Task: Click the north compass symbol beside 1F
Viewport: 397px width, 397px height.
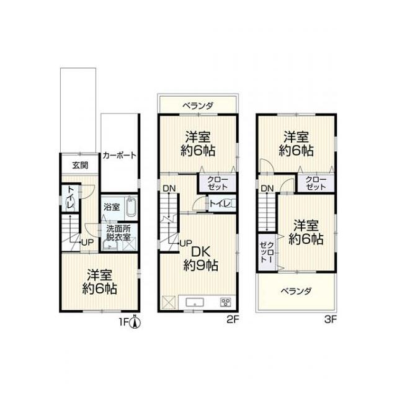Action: pos(135,322)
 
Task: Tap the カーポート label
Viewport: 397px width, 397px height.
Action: pos(120,156)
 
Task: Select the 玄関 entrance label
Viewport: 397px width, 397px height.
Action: pos(80,166)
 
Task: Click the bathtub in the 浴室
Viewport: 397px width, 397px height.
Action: pos(130,207)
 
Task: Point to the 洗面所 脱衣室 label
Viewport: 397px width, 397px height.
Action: pos(118,233)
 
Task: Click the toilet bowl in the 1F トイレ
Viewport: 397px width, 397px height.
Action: pos(69,203)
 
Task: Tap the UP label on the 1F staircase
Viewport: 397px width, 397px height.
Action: pos(87,243)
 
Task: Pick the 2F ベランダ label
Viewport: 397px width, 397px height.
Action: pos(198,105)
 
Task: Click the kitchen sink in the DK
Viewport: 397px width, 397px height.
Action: pos(194,302)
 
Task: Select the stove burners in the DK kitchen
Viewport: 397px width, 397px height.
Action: pos(225,302)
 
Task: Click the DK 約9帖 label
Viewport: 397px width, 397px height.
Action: pos(201,259)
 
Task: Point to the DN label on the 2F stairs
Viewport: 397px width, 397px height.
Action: pos(169,189)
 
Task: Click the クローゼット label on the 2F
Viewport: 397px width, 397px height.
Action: pos(218,184)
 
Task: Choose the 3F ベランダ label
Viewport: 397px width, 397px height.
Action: pos(297,292)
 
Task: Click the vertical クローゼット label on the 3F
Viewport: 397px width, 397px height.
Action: pos(267,252)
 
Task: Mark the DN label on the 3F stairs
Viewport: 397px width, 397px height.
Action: pos(267,188)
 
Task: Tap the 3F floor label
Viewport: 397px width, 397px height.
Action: pos(331,320)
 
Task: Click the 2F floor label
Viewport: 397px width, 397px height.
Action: pos(233,320)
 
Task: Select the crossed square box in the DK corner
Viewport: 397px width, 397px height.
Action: pos(169,302)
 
